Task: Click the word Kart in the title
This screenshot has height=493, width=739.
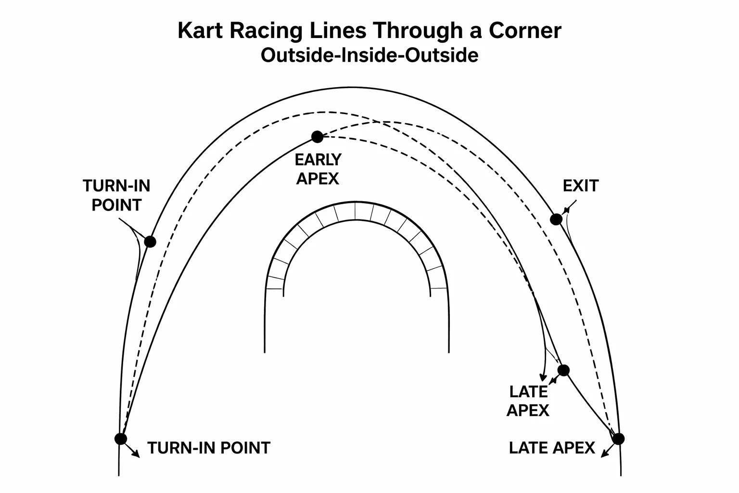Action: click(201, 31)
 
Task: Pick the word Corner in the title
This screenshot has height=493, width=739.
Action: click(525, 31)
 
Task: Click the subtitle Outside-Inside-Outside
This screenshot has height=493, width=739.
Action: click(369, 55)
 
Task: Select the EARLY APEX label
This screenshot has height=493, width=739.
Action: click(318, 169)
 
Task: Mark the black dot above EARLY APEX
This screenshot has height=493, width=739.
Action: click(317, 137)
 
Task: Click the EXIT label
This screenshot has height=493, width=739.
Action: click(580, 186)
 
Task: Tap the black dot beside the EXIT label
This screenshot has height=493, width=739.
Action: click(556, 220)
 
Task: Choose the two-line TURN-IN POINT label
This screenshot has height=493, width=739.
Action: click(116, 195)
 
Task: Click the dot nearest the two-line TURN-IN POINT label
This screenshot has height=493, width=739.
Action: click(151, 242)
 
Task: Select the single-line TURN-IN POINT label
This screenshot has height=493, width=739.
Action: click(209, 448)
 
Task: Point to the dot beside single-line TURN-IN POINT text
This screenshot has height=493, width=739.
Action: click(121, 439)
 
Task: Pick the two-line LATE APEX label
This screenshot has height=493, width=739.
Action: click(528, 401)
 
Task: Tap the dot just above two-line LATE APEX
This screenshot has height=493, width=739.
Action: click(563, 370)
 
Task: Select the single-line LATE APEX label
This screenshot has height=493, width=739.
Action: click(552, 448)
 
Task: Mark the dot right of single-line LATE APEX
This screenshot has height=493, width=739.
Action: click(618, 439)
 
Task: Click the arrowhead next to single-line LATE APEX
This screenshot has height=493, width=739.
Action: click(603, 454)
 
